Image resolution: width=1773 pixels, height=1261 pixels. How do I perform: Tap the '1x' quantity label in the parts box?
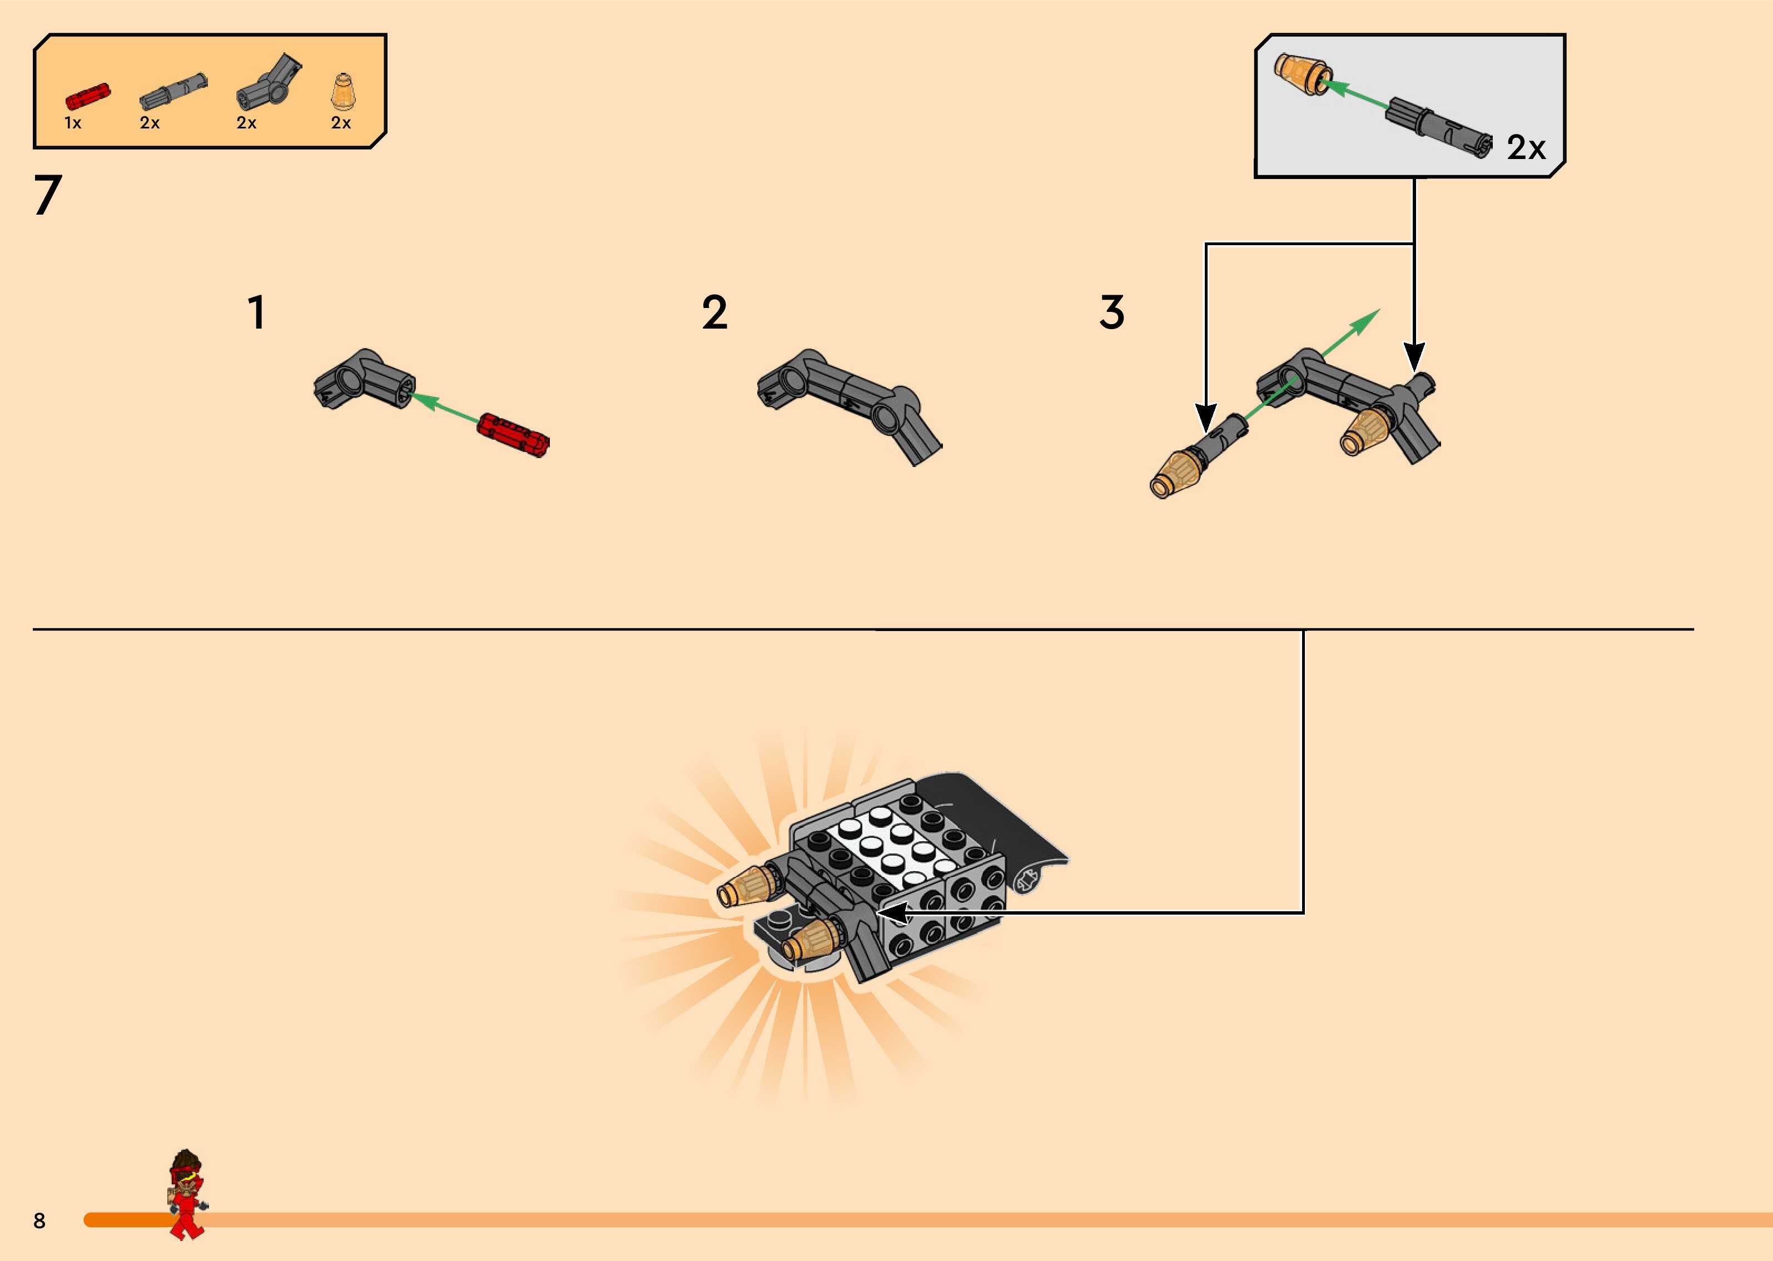[x=73, y=123]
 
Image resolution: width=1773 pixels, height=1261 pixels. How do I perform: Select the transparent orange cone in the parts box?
[x=341, y=92]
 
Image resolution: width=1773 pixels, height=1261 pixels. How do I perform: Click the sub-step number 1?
[x=256, y=313]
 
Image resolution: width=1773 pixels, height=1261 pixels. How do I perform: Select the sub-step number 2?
[x=714, y=313]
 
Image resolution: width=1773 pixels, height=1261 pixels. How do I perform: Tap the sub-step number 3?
[x=1111, y=313]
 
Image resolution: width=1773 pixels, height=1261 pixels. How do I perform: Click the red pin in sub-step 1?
[x=513, y=435]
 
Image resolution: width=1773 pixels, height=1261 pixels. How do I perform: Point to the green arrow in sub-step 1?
[x=445, y=409]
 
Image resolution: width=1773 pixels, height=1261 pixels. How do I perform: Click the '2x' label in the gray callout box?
[x=1526, y=147]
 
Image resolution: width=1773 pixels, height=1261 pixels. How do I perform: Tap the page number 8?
[x=39, y=1220]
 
